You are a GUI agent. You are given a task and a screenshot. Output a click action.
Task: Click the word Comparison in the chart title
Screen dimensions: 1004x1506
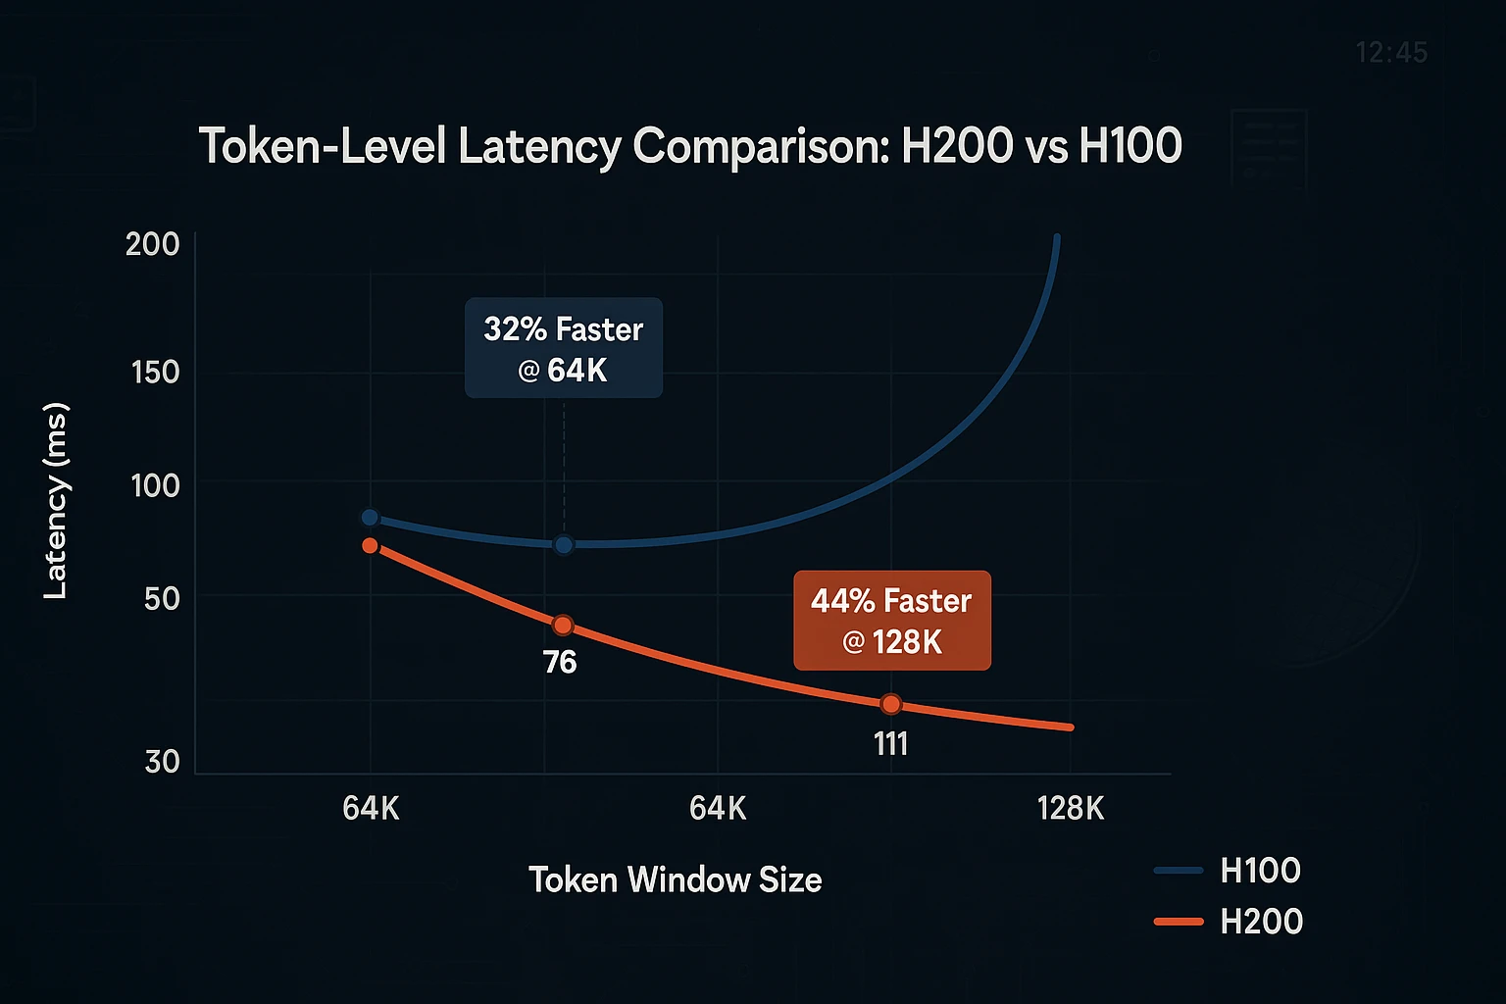coord(760,146)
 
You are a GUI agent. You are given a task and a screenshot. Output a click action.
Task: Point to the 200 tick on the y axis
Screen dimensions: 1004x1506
coord(153,244)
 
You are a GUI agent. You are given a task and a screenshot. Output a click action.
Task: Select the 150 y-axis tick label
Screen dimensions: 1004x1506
coord(155,373)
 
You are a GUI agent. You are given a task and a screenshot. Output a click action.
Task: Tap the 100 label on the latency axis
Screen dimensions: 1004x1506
coord(155,485)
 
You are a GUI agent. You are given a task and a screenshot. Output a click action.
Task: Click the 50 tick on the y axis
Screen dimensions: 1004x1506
coord(162,598)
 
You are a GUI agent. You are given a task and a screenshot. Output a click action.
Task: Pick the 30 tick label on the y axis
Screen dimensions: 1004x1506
coord(162,762)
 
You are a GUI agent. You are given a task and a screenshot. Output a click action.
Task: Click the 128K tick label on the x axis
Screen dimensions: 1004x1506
coord(1071,809)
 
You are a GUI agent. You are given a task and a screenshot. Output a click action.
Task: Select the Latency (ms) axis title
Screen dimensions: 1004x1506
coord(56,500)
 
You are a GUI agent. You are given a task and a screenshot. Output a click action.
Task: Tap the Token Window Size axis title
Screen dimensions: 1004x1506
coord(675,879)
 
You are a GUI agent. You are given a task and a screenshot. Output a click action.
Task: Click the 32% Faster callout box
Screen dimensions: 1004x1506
coord(564,348)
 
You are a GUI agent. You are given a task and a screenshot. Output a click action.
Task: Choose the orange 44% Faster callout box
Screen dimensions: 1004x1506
coord(891,621)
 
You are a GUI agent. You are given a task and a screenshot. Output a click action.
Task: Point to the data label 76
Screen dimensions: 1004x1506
coord(560,663)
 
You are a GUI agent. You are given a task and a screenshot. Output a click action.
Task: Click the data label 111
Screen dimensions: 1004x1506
coord(890,744)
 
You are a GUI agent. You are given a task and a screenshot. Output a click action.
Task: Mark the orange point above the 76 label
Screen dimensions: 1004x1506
coord(563,626)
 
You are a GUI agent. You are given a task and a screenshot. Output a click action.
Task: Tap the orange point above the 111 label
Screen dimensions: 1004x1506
coord(890,704)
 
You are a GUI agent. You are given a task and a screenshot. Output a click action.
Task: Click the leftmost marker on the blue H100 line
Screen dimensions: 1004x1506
coord(370,518)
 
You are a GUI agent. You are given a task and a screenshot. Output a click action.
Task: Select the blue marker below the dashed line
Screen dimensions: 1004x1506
coord(564,544)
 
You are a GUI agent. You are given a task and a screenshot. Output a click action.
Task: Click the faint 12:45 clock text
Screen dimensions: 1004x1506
coord(1391,52)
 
